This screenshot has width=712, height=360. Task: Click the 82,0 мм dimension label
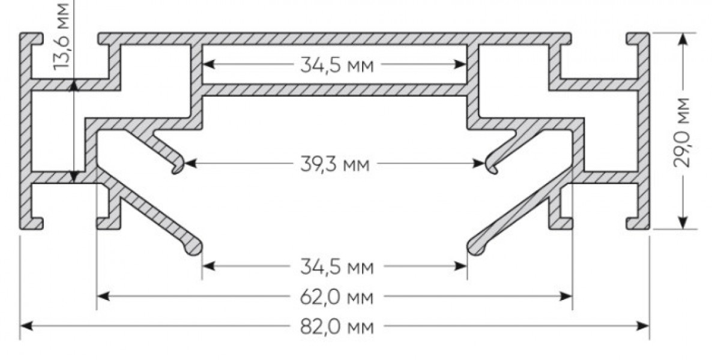point(337,327)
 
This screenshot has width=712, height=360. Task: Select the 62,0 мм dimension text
point(337,298)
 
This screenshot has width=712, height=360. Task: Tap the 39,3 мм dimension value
point(335,164)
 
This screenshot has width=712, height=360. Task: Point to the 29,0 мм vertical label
point(682,132)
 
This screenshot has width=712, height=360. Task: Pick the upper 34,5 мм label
point(337,65)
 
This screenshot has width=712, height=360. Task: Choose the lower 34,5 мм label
point(337,267)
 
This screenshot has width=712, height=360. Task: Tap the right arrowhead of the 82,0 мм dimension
point(643,326)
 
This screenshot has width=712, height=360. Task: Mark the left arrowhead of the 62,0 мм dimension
point(103,296)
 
